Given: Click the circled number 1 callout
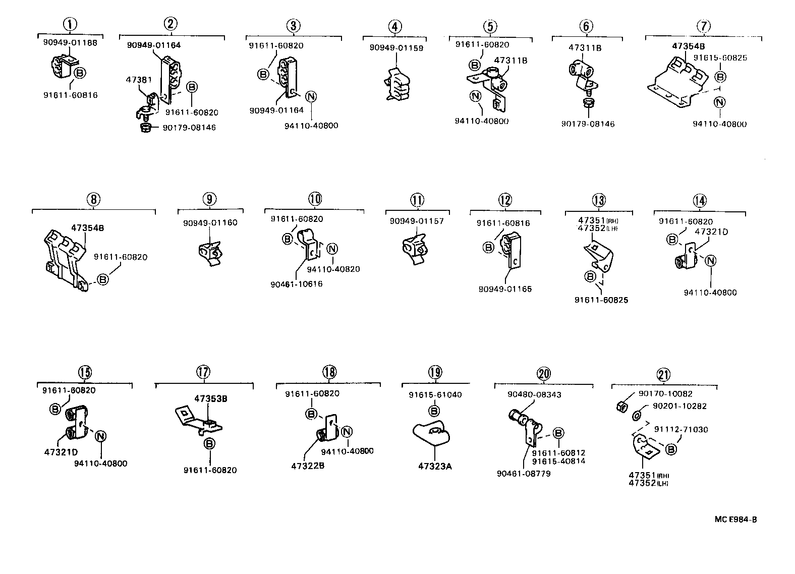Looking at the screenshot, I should [70, 23].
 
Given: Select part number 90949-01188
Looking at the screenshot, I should [70, 43].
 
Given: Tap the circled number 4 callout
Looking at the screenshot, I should [395, 26].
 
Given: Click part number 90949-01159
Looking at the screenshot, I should [396, 48].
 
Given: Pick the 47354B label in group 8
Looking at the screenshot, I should [87, 228].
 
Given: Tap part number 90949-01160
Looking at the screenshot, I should [210, 223].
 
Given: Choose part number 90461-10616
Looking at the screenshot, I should [296, 284].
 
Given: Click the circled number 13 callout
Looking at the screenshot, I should [598, 200].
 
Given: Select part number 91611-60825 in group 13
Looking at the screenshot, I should [601, 300].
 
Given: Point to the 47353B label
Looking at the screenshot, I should [210, 398].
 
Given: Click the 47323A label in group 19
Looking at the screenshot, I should [434, 467].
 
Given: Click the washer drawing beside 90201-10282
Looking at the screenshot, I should [637, 415].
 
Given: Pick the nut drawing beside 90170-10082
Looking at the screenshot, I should [622, 406].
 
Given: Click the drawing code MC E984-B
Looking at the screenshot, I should [735, 520].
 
